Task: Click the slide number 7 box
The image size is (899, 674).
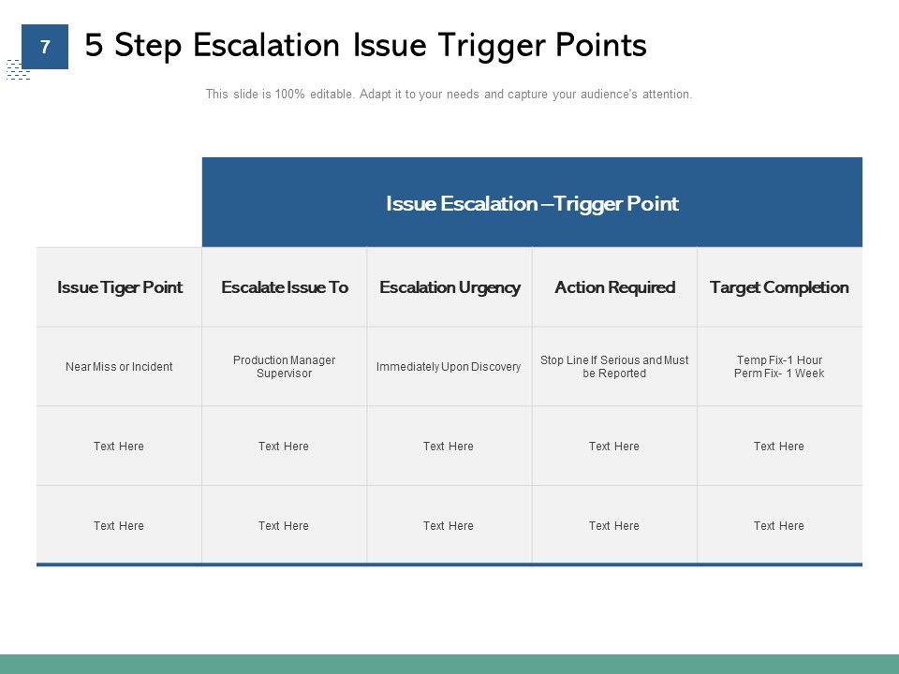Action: tap(44, 47)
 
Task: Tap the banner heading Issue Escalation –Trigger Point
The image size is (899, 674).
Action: tap(532, 203)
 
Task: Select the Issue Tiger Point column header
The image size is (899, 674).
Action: tap(120, 287)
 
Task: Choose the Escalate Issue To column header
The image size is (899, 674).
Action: tap(285, 287)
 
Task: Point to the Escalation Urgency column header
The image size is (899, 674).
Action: tap(449, 287)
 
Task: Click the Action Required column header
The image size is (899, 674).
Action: tap(614, 287)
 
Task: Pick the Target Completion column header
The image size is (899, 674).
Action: tap(779, 287)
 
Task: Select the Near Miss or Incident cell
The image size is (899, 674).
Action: tap(119, 367)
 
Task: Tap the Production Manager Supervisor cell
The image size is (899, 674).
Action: tap(284, 367)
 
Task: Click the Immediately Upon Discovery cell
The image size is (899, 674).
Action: tap(449, 367)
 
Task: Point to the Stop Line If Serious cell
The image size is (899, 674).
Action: tap(614, 367)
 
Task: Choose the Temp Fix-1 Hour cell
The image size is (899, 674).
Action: tap(779, 360)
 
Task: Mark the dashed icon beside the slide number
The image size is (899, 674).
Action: tap(17, 70)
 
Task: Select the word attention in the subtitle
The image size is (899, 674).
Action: tap(666, 95)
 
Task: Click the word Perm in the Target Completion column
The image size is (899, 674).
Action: tap(747, 374)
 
